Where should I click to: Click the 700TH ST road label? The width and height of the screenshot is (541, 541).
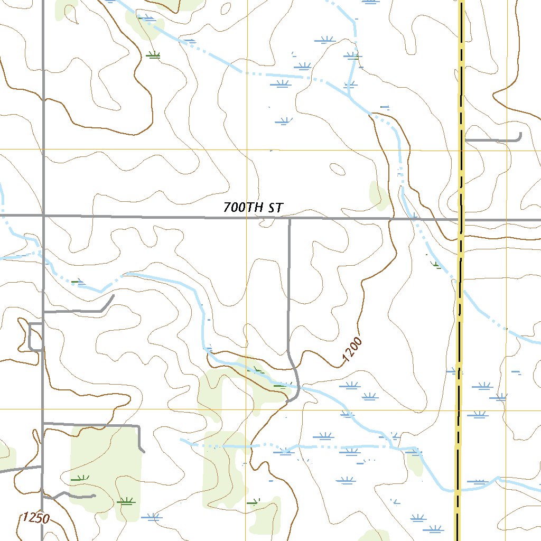click(x=253, y=208)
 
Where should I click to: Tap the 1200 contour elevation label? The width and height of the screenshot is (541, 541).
click(x=352, y=351)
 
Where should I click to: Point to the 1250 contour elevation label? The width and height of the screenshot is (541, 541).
click(x=36, y=518)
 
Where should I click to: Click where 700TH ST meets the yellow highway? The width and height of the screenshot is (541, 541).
click(x=461, y=219)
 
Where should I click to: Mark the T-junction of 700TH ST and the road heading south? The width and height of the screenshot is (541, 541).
click(x=290, y=218)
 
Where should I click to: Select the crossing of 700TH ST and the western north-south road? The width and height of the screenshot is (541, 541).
click(x=43, y=216)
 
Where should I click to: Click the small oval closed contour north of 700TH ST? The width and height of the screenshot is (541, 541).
click(x=337, y=170)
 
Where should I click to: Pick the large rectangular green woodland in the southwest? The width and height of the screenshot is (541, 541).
click(x=106, y=465)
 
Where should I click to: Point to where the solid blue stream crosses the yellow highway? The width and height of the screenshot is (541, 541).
click(x=458, y=490)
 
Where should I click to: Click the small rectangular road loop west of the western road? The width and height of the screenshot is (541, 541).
click(x=35, y=336)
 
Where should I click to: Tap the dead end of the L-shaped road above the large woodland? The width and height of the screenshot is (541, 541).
click(x=143, y=451)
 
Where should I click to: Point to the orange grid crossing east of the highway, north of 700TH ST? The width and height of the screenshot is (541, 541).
click(x=507, y=150)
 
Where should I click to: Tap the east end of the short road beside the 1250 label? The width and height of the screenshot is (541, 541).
click(x=94, y=496)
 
